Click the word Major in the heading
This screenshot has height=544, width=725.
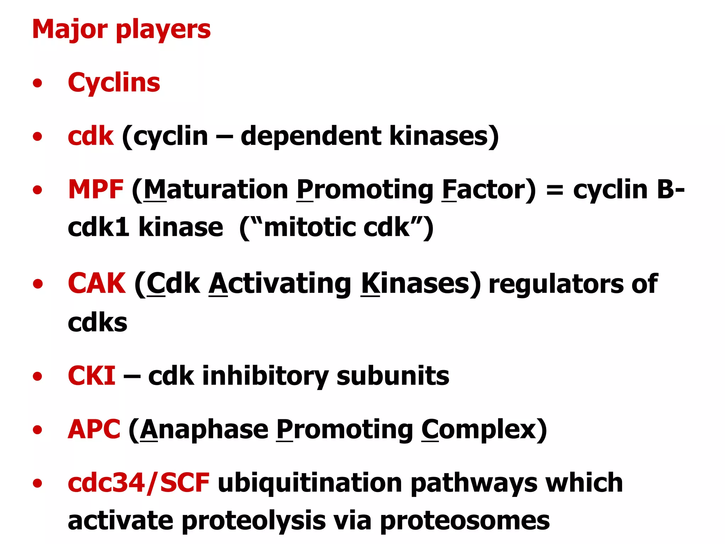click(x=70, y=29)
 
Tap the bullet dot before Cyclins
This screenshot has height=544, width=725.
click(x=37, y=84)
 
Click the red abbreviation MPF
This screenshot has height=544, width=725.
click(x=96, y=189)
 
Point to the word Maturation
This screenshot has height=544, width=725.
click(x=216, y=189)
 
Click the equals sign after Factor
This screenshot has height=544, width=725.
click(x=554, y=191)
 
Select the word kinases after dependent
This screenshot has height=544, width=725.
click(x=444, y=136)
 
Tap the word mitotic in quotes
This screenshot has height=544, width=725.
click(x=309, y=227)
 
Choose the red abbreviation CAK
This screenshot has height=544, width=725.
click(x=97, y=283)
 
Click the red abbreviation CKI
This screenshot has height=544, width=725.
click(x=91, y=376)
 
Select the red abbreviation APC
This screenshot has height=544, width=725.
click(x=94, y=429)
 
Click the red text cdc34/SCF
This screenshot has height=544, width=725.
click(x=138, y=483)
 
